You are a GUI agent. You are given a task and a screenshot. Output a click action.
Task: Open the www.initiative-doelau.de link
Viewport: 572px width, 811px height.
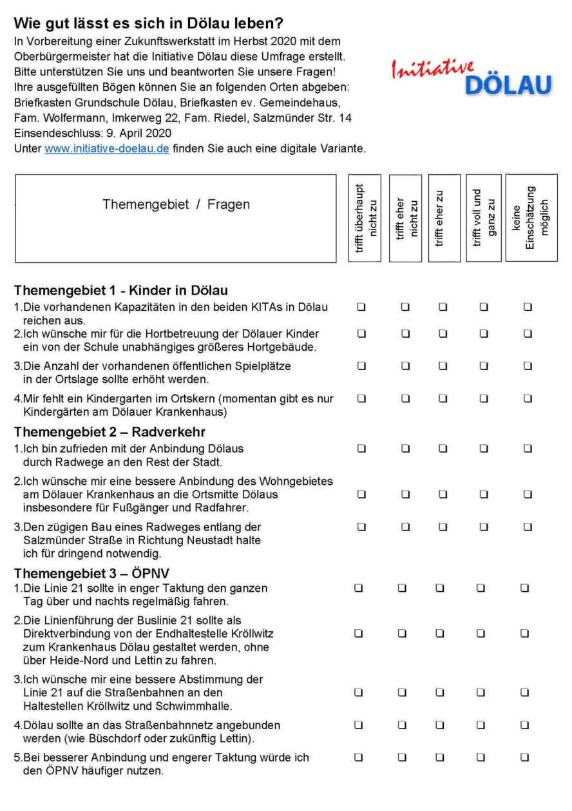tap(107, 149)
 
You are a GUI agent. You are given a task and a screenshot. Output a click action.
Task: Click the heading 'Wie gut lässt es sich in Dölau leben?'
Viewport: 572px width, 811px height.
tap(148, 24)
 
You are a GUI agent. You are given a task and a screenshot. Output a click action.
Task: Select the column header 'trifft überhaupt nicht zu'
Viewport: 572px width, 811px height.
tap(365, 218)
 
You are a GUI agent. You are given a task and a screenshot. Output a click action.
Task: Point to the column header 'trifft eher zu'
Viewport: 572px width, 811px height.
tap(444, 218)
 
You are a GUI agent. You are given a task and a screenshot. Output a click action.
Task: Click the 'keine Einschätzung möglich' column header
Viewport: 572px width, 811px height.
tap(531, 218)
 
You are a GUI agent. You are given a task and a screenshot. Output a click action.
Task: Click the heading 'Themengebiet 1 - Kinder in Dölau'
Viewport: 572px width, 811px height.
tap(120, 290)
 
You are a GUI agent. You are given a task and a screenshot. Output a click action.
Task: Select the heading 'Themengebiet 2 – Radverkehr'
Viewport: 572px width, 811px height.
tap(110, 431)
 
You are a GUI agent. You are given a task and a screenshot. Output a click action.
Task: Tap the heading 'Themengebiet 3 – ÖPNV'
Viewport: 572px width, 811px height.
tap(91, 573)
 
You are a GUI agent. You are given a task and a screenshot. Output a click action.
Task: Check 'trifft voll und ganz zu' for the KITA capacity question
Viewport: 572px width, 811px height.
tap(483, 308)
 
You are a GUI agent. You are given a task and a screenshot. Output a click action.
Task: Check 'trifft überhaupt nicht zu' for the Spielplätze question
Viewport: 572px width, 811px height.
tap(361, 366)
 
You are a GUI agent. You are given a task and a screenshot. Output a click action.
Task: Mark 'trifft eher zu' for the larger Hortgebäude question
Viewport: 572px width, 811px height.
tap(443, 334)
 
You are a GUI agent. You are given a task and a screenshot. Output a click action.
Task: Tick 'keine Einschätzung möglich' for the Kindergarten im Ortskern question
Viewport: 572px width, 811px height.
tap(528, 398)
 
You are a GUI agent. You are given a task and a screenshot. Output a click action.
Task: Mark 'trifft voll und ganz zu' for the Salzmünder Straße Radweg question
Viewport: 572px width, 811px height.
tap(483, 527)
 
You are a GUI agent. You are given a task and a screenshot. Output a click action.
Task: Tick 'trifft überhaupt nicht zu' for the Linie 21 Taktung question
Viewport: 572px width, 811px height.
tap(359, 588)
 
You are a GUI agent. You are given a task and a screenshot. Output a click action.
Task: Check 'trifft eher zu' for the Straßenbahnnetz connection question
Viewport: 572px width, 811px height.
tap(440, 725)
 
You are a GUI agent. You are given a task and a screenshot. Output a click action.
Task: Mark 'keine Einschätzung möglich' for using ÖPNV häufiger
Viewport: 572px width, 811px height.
tap(524, 757)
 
